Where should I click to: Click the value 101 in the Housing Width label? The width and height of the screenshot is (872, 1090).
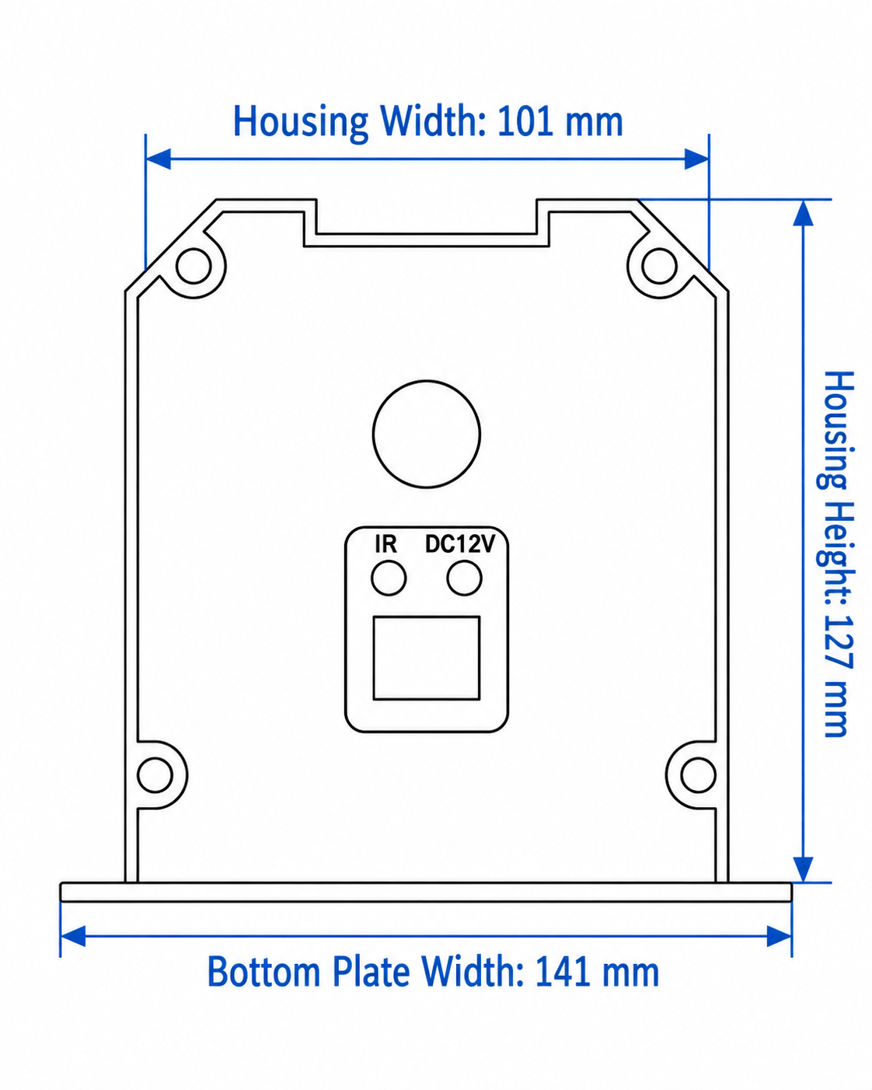525,121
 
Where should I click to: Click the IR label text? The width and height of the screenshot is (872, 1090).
385,544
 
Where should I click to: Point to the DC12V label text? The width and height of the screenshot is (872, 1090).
460,544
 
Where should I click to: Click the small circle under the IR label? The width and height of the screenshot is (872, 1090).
389,578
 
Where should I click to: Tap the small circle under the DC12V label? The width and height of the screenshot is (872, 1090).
464,578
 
